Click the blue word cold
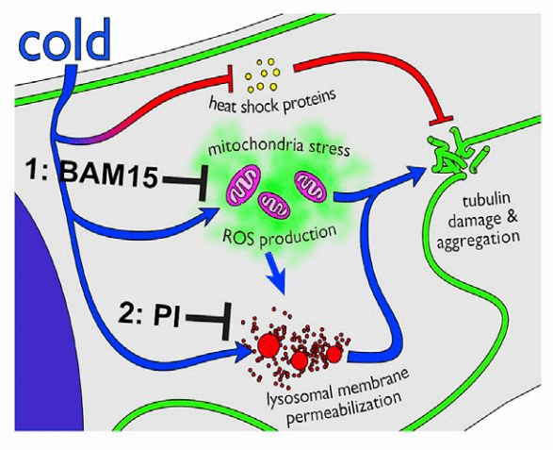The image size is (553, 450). (65, 40)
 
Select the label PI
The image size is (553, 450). (167, 316)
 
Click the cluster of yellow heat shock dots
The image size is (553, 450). (263, 75)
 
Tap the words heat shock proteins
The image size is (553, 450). (272, 102)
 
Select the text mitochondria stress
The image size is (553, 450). (279, 148)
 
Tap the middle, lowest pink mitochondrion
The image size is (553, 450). (274, 206)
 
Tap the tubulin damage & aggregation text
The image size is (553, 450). (479, 221)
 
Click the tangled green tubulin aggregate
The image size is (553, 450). (457, 152)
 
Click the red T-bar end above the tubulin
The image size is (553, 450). (441, 119)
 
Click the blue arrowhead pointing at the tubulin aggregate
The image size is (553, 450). (415, 175)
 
